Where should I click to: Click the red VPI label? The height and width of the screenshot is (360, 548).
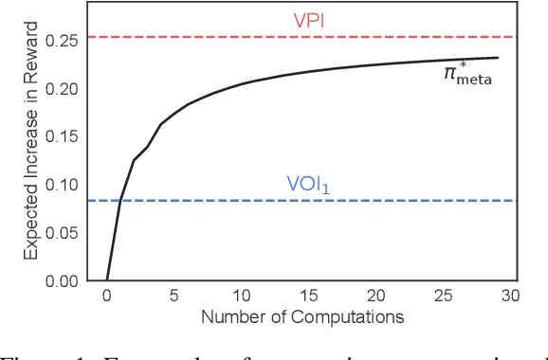point(308,21)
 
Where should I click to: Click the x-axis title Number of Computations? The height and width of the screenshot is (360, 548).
point(302,316)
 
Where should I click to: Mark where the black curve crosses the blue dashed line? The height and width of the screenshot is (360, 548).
point(119,201)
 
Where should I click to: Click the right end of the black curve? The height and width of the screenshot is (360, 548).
point(498,58)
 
